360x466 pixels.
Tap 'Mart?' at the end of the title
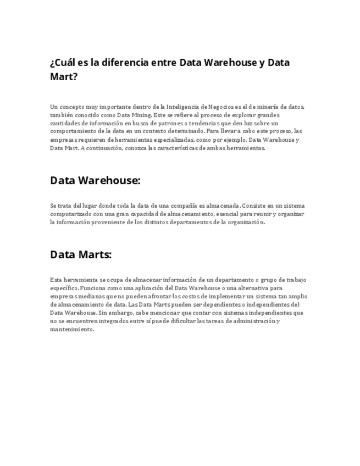[x=64, y=77]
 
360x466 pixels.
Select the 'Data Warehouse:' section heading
[x=95, y=180]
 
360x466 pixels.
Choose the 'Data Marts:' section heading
[x=81, y=255]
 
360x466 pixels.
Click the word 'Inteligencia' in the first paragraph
[x=167, y=107]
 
